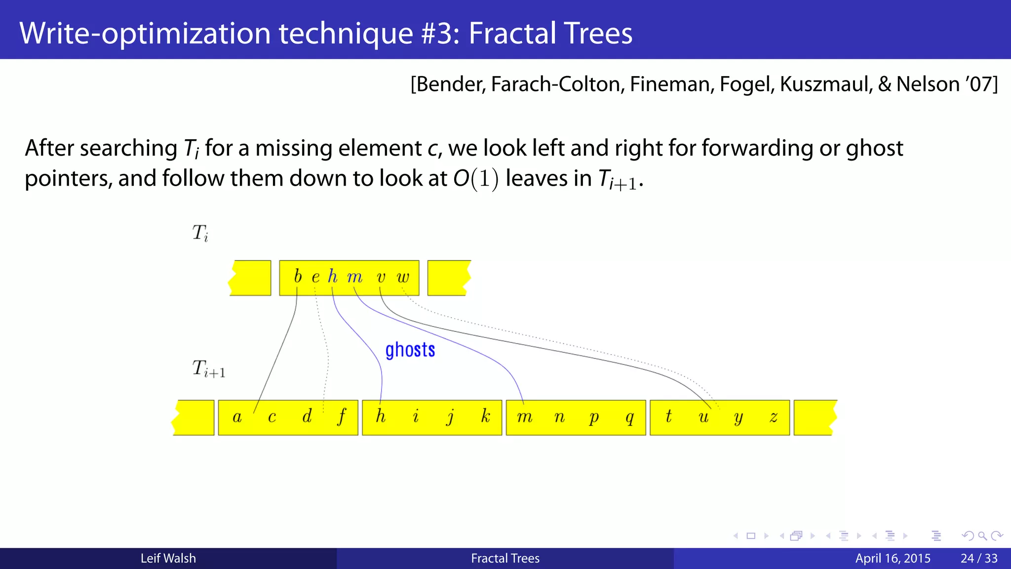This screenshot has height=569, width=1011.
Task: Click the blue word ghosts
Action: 410,350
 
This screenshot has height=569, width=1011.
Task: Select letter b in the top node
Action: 298,276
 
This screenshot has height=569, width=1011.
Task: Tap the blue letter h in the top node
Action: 333,277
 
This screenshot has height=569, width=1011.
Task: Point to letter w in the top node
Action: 403,277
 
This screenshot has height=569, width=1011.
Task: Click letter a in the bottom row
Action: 237,417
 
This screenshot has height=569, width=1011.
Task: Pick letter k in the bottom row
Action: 485,416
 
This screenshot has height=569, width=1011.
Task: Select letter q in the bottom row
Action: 629,418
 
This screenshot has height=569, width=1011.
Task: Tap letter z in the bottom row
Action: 773,418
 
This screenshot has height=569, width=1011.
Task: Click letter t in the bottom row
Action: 668,416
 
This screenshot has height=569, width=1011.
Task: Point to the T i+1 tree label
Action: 208,369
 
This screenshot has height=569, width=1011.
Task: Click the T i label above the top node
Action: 200,233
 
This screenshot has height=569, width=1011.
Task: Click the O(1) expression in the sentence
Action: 476,178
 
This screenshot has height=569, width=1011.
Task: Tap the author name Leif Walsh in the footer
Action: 168,558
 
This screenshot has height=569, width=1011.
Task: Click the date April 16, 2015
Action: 893,558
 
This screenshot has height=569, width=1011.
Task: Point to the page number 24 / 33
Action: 979,558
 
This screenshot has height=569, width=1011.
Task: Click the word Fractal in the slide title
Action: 511,33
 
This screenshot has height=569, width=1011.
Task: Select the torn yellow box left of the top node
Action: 250,278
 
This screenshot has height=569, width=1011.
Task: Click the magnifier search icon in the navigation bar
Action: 982,536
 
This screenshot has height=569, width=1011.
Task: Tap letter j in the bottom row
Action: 450,417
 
